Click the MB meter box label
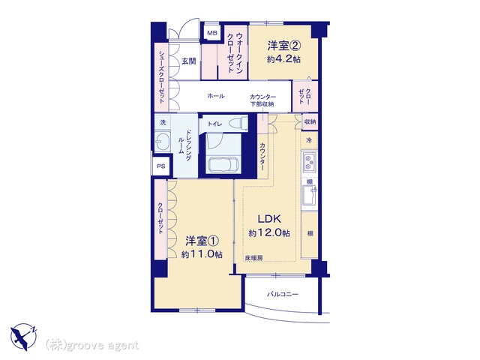pos(212,33)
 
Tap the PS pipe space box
pos(161,166)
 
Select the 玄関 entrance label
pos(189,61)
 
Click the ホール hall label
pos(216,96)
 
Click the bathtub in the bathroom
pos(223,166)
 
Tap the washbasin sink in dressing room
pos(162,142)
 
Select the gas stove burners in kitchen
pos(309,162)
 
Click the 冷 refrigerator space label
pos(309,140)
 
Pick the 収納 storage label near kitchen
pos(310,121)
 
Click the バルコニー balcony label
pos(282,295)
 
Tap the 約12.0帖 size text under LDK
pos(269,233)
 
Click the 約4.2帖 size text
pos(283,58)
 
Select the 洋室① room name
pos(202,241)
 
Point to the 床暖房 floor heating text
pos(253,258)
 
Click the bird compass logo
pos(23,337)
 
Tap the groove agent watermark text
pos(91,346)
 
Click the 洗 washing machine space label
pos(163,122)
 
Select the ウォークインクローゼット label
pos(235,52)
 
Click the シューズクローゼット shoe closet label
pos(162,76)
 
